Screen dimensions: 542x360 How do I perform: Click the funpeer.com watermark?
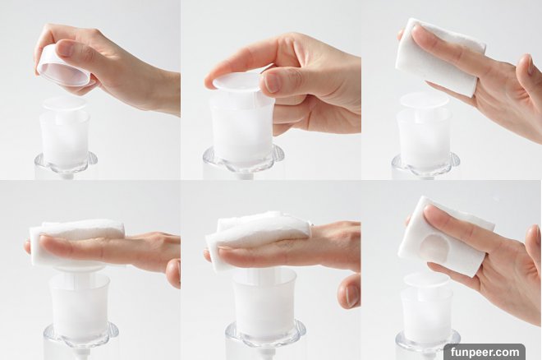pyautogui.click(x=485, y=352)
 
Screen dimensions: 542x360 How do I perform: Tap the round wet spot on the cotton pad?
pyautogui.click(x=435, y=244)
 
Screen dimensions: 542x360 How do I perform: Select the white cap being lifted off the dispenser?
pyautogui.click(x=63, y=67)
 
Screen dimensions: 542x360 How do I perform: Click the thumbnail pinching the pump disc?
pyautogui.click(x=272, y=81)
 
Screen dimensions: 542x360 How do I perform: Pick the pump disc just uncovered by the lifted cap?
pyautogui.click(x=65, y=104)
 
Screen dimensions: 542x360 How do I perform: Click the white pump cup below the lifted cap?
pyautogui.click(x=65, y=138)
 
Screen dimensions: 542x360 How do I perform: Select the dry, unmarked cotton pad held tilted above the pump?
pyautogui.click(x=439, y=57)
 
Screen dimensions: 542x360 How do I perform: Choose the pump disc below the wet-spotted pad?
pyautogui.click(x=427, y=279)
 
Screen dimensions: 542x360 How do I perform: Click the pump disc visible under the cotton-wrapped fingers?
pyautogui.click(x=80, y=267)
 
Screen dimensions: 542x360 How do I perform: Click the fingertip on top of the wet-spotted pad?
pyautogui.click(x=433, y=213)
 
